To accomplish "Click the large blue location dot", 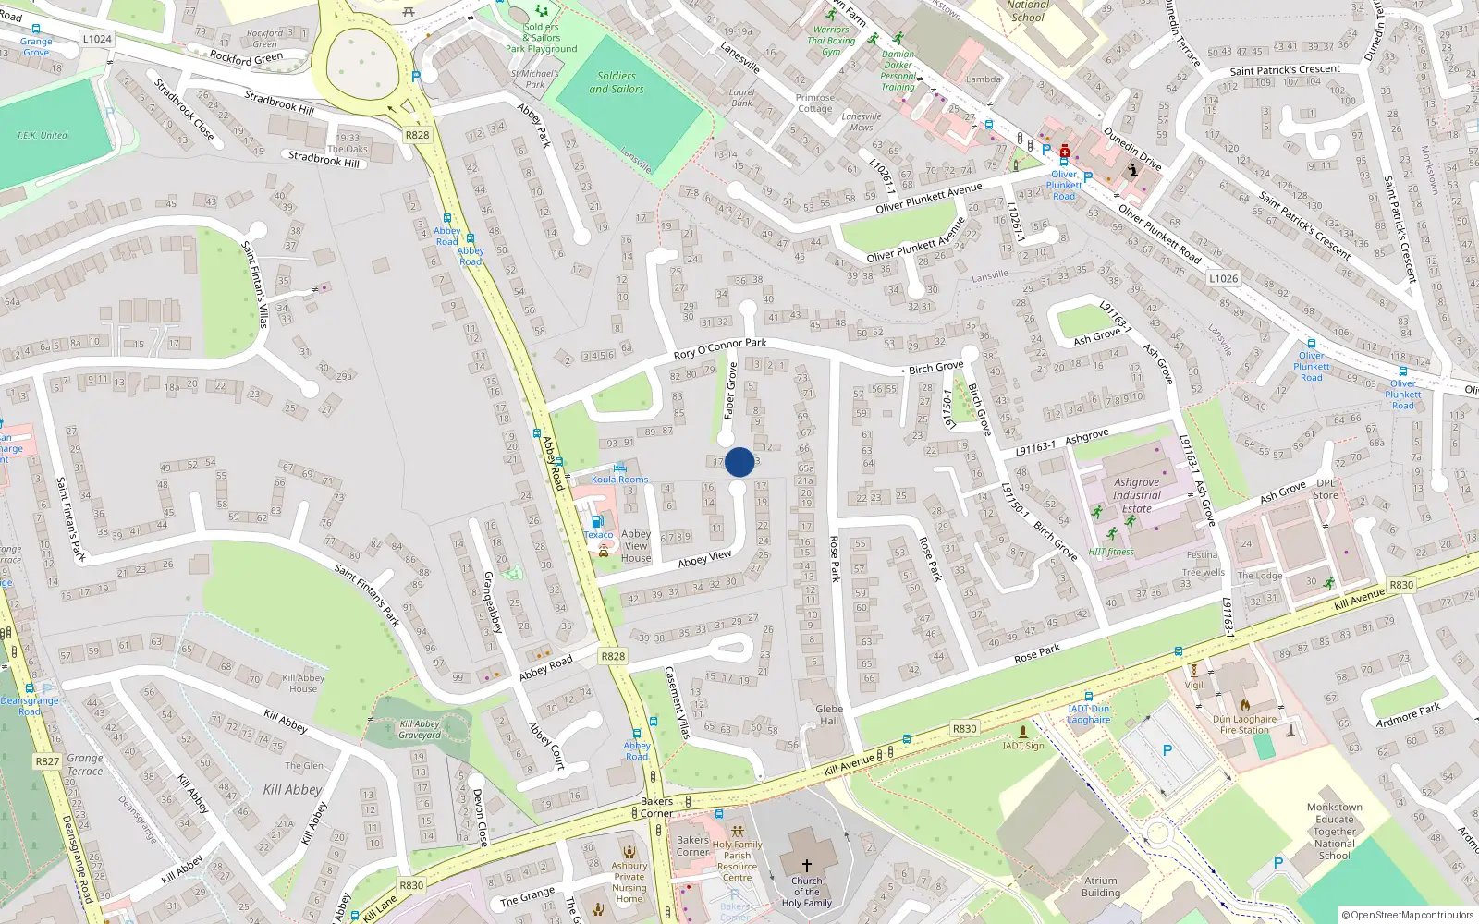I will click(x=739, y=462).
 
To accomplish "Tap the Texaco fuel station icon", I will click(x=597, y=522).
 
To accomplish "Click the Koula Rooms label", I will click(x=619, y=480).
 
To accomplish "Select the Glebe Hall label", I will click(x=829, y=715).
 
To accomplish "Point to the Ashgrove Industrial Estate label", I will click(x=1137, y=495).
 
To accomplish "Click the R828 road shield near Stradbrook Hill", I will click(x=417, y=135).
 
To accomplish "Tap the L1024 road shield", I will click(x=97, y=39).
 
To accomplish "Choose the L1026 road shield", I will click(x=1223, y=278).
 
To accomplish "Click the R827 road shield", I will click(x=47, y=761).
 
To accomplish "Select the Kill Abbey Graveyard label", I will click(x=420, y=730).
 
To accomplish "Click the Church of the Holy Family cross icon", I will click(x=806, y=866).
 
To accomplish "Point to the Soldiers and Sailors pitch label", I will click(x=617, y=82).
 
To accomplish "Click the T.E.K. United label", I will click(x=42, y=135).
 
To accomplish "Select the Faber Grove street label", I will click(x=730, y=391).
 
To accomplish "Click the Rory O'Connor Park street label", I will click(x=720, y=348).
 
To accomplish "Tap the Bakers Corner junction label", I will click(x=656, y=807).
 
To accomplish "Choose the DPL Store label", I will click(x=1326, y=489).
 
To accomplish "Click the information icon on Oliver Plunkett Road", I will click(x=1133, y=170).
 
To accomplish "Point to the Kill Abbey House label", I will click(x=303, y=683).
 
